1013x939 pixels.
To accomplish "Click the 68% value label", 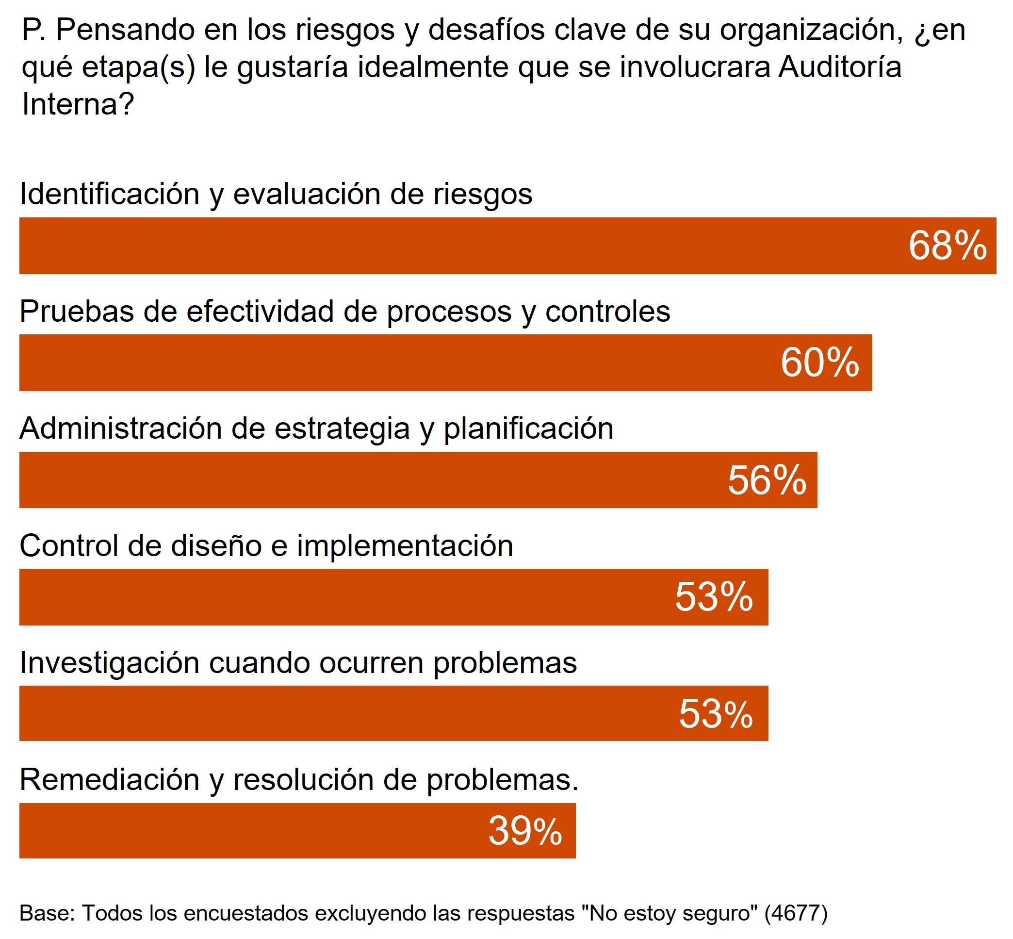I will click(x=947, y=246).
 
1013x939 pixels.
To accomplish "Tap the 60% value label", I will click(x=819, y=363).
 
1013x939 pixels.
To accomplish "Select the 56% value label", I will click(x=767, y=480).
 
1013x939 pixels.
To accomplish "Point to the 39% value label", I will click(x=525, y=831).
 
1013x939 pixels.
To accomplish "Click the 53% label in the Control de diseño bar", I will click(x=714, y=597).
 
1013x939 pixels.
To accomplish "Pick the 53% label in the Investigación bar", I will click(x=716, y=714).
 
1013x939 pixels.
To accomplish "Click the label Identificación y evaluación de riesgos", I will click(x=276, y=194).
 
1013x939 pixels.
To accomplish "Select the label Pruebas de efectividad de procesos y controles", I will click(x=344, y=311).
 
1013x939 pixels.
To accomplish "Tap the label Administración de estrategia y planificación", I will click(x=316, y=428).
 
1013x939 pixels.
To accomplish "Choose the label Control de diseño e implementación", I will click(x=266, y=546).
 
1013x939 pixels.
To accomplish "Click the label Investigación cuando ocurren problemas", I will click(x=298, y=662).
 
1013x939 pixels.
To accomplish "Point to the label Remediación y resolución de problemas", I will click(x=299, y=779).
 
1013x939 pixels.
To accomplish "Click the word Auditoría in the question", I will click(x=839, y=67).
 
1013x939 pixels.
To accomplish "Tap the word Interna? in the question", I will click(x=77, y=104).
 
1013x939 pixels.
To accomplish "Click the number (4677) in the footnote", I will click(x=796, y=913).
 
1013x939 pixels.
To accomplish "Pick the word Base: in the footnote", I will click(x=47, y=913).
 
